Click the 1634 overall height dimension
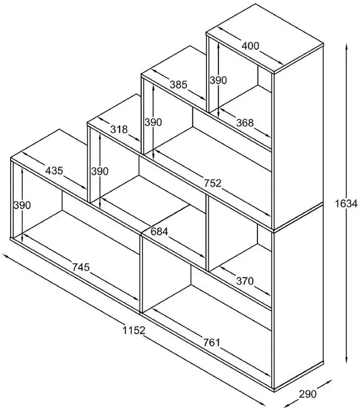pyautogui.click(x=346, y=204)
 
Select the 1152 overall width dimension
pyautogui.click(x=134, y=330)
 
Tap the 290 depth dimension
pyautogui.click(x=308, y=394)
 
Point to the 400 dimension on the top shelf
pyautogui.click(x=250, y=46)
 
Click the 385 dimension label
pyautogui.click(x=179, y=85)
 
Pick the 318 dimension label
pyautogui.click(x=119, y=129)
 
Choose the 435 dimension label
pyautogui.click(x=54, y=171)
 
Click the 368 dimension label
pyautogui.click(x=245, y=123)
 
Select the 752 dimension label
pyautogui.click(x=213, y=183)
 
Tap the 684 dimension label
pyautogui.click(x=159, y=231)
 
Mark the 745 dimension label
pyautogui.click(x=81, y=267)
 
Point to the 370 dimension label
pyautogui.click(x=245, y=281)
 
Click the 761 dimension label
pyautogui.click(x=212, y=342)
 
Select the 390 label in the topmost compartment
pyautogui.click(x=218, y=80)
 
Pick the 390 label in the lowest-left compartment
pyautogui.click(x=22, y=205)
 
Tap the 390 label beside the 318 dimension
pyautogui.click(x=100, y=171)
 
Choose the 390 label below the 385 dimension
pyautogui.click(x=154, y=122)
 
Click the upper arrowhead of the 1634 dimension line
pyautogui.click(x=347, y=46)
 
